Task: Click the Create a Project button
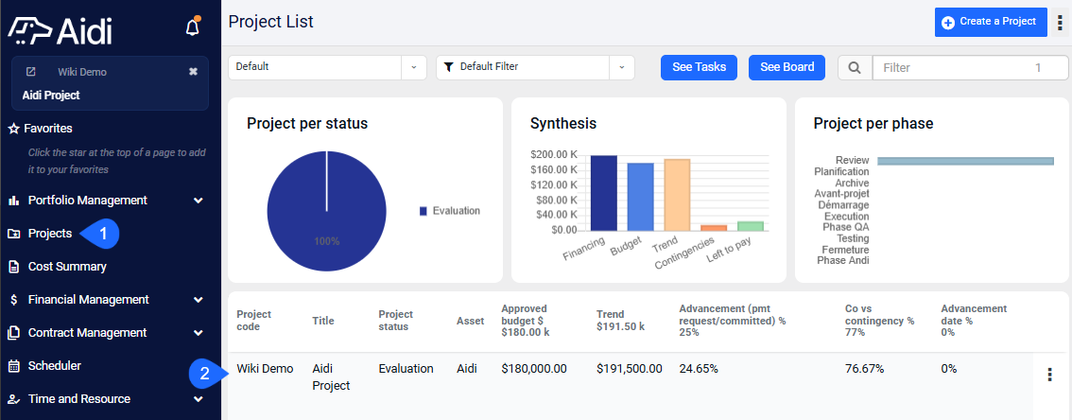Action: (991, 22)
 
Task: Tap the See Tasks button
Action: (699, 68)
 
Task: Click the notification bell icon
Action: (193, 26)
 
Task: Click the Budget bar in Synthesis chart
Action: (641, 197)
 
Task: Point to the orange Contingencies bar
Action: (714, 228)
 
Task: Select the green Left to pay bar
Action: (750, 226)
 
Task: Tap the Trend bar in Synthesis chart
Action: (677, 194)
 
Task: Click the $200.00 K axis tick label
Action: (554, 154)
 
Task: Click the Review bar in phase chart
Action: (965, 161)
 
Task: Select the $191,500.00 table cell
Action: (629, 369)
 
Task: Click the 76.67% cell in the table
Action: (864, 369)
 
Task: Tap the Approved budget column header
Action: (526, 320)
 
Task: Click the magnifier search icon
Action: (855, 68)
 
